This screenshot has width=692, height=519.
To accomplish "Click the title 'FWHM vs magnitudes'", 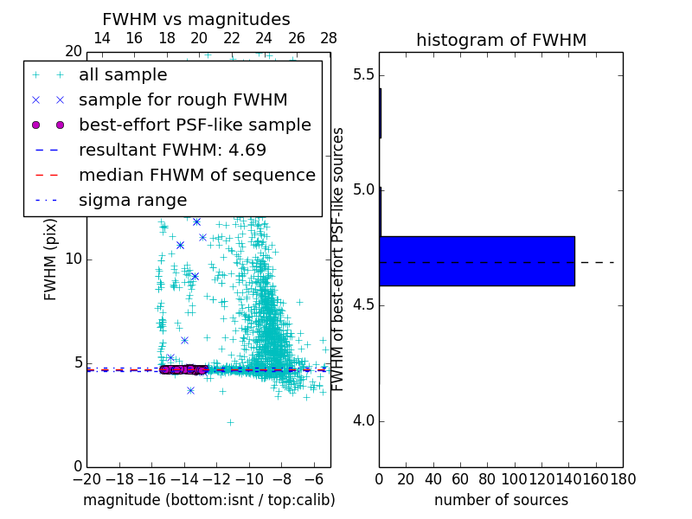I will coord(196,19).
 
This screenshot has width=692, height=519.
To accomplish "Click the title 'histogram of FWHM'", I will coord(501,40).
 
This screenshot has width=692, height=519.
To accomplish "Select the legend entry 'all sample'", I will coord(123,75).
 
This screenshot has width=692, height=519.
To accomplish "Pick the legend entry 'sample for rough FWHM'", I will coord(183,100).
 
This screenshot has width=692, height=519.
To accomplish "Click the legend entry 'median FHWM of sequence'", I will coord(196,175).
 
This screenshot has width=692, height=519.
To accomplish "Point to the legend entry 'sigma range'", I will coord(132,200).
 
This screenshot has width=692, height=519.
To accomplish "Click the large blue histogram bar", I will coord(477,260).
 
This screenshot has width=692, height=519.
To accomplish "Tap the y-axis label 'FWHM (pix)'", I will coord(51,259).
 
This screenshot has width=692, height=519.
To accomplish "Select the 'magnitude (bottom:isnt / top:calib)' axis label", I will coord(208,500).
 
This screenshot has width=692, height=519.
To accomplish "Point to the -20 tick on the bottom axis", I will coord(86,478).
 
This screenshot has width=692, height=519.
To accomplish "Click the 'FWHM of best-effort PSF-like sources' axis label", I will coord(339,259).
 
